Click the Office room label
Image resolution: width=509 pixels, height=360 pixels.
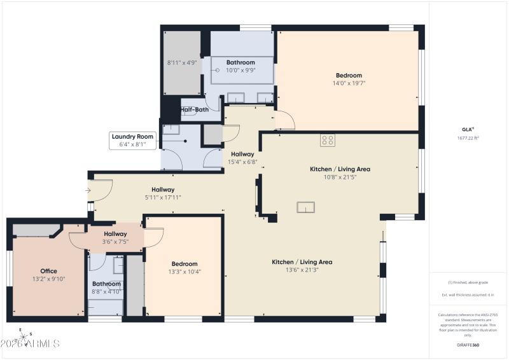click(48, 271)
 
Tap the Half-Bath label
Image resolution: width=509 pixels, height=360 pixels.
click(195, 109)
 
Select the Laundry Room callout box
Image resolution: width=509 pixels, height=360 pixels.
click(133, 140)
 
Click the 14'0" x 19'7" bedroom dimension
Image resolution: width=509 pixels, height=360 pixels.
click(348, 83)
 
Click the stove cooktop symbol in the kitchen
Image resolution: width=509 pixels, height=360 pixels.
click(328, 141)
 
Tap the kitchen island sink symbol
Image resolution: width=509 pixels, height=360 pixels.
click(305, 207)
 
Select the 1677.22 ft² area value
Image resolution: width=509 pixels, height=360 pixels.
click(468, 137)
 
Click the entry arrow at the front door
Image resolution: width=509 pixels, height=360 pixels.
click(88, 190)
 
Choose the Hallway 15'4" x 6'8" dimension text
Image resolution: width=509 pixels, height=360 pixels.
click(242, 162)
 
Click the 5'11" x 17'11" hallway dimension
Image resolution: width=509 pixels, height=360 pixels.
click(163, 197)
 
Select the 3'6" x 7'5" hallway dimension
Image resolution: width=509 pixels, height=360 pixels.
click(116, 242)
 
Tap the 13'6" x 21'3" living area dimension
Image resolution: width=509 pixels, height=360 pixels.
click(302, 270)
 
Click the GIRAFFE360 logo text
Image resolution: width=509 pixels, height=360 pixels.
click(468, 344)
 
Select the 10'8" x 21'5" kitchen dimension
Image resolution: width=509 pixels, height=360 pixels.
click(340, 177)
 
